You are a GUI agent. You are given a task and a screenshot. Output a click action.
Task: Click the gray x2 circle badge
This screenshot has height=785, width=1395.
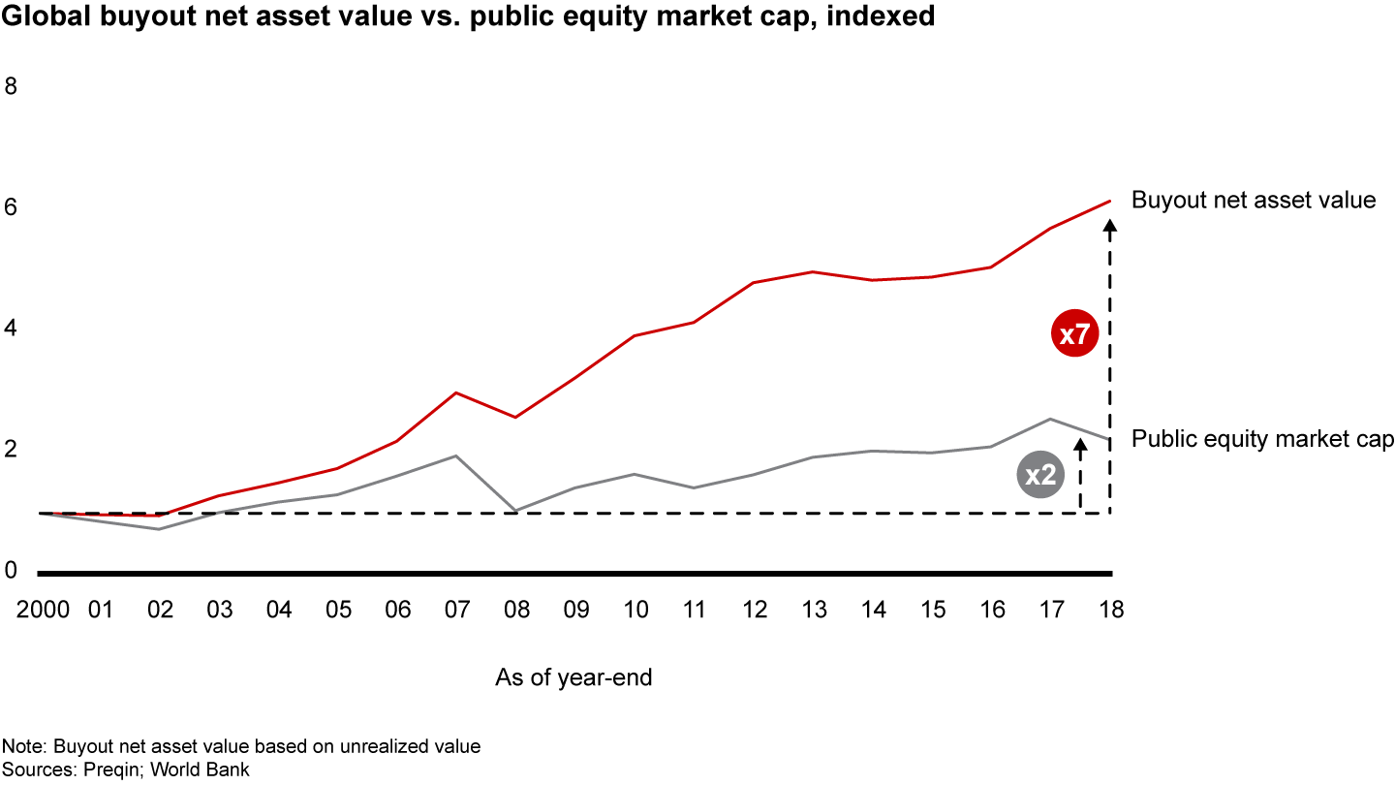(x=1039, y=475)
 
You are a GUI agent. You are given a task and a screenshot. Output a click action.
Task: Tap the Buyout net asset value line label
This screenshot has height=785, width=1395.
(x=1254, y=201)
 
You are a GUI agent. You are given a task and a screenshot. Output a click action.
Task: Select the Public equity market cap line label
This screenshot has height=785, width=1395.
(x=1262, y=439)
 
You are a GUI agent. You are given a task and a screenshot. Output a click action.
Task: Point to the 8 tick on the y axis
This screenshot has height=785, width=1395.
(x=12, y=86)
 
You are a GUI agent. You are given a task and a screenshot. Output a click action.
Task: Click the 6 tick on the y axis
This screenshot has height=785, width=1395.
(x=12, y=207)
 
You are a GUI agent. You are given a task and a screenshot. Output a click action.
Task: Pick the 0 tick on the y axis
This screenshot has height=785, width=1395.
(x=12, y=571)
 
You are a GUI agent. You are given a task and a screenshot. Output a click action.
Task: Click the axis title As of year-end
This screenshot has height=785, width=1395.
(x=573, y=677)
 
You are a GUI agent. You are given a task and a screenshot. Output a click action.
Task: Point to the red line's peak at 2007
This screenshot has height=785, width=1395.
(x=455, y=392)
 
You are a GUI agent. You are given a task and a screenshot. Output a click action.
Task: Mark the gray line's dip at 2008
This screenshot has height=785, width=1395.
(x=515, y=510)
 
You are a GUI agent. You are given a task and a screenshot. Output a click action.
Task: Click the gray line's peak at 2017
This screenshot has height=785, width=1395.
(x=1050, y=419)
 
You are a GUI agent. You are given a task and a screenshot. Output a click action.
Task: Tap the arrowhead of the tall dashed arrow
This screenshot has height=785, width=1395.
(x=1110, y=225)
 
